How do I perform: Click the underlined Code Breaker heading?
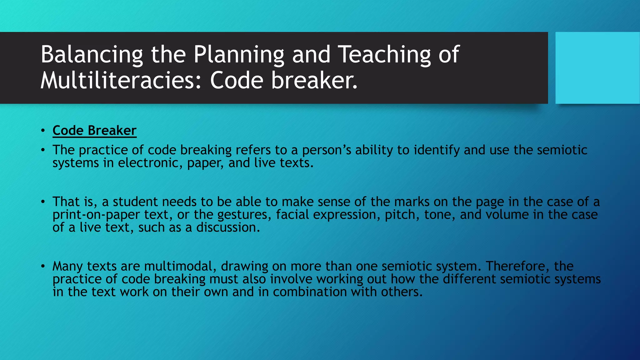[94, 131]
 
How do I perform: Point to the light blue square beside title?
[597, 68]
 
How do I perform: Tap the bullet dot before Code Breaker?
[43, 131]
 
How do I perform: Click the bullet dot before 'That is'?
[43, 202]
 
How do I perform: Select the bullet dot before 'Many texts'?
[43, 266]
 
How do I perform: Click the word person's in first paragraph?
[326, 150]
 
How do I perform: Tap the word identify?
[437, 150]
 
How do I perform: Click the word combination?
[309, 292]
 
